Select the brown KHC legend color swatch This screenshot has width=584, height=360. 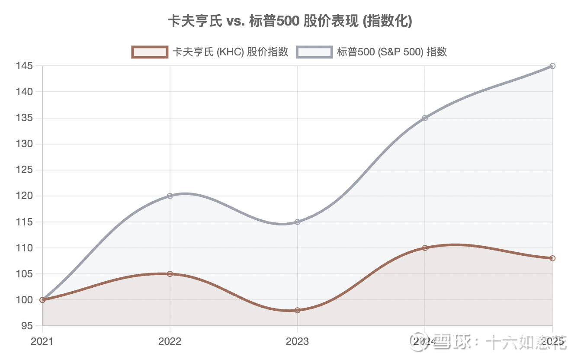click(149, 52)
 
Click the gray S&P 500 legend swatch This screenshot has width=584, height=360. click(314, 52)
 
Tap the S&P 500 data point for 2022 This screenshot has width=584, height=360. click(170, 196)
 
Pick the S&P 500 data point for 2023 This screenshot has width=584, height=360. click(298, 222)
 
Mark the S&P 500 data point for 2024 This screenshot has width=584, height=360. click(425, 118)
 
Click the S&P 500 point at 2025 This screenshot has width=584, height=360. click(552, 66)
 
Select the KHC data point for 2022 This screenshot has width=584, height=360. click(170, 274)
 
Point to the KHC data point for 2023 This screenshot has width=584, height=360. click(298, 310)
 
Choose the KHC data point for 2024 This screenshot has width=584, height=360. click(425, 248)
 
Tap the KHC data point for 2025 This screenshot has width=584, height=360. click(552, 258)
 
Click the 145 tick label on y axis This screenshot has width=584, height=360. click(25, 66)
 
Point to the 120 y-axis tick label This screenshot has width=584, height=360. click(25, 196)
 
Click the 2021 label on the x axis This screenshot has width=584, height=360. click(42, 341)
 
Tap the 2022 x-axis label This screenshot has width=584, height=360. click(170, 341)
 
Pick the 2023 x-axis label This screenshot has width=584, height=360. click(298, 341)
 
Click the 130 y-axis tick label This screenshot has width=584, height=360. click(25, 144)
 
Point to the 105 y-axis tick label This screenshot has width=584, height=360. click(25, 274)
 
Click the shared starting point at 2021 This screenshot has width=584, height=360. click(42, 300)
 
